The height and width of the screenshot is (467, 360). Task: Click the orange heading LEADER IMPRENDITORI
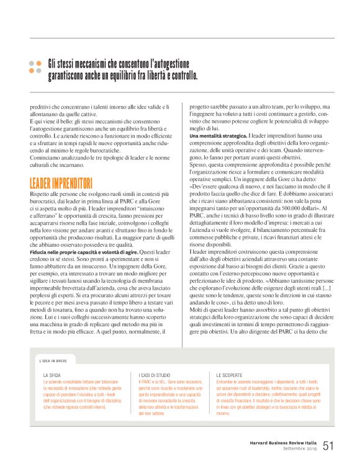click(x=61, y=166)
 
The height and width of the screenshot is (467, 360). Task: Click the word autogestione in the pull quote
click(x=172, y=63)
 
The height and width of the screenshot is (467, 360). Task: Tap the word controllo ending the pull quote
click(x=182, y=77)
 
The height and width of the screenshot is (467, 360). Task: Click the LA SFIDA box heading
click(x=52, y=375)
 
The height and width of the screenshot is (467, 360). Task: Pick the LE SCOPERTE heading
click(x=229, y=375)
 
